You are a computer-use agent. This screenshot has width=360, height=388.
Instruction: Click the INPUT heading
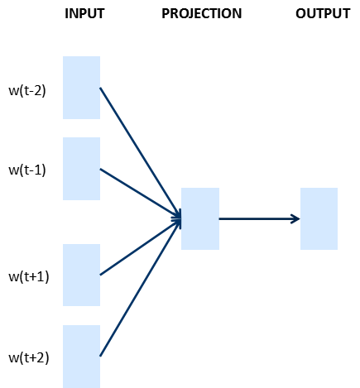[x=84, y=13]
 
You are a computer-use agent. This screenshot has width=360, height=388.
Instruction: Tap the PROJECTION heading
[x=201, y=13]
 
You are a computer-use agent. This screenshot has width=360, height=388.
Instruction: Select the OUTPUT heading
[x=323, y=13]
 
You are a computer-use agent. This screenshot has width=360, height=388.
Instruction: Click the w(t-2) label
[x=27, y=91]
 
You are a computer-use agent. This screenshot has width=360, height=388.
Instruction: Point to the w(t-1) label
[x=27, y=170]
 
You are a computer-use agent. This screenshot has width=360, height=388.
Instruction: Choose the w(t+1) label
[x=29, y=276]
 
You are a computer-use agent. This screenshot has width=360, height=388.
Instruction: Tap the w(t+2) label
[x=29, y=357]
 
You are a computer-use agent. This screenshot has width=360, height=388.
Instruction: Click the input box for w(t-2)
[x=81, y=88]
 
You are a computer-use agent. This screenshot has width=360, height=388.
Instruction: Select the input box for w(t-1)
[x=81, y=169]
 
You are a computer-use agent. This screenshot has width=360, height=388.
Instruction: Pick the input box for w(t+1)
[x=81, y=275]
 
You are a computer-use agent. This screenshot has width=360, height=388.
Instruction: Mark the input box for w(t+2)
[x=81, y=357]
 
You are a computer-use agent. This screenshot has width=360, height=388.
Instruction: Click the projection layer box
[x=200, y=218]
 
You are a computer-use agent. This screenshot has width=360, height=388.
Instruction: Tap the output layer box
[x=319, y=218]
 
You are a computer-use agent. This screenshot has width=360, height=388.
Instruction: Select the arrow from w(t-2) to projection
[x=141, y=153]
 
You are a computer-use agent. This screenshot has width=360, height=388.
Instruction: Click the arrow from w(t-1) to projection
[x=141, y=194]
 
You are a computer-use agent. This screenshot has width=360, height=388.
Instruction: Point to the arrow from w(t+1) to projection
[x=141, y=247]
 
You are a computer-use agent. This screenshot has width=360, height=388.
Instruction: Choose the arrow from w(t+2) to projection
[x=141, y=288]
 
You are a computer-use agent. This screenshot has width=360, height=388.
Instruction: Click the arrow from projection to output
[x=259, y=219]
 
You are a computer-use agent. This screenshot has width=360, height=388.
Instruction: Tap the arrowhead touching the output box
[x=296, y=219]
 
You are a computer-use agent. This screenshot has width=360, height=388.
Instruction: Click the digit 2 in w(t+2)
[x=41, y=357]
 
